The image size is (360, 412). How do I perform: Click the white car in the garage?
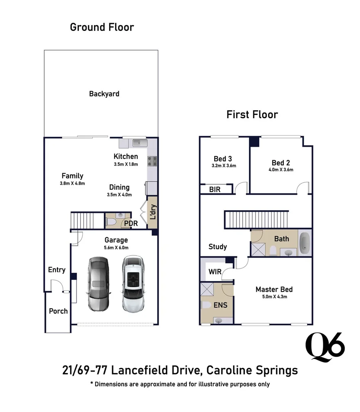point(133,284)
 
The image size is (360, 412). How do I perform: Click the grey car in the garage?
point(98,284)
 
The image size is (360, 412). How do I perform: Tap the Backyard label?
point(104,94)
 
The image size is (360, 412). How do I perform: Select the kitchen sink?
point(140,143)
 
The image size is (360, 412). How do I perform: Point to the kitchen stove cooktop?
point(152,161)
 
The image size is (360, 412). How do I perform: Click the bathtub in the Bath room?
point(305,243)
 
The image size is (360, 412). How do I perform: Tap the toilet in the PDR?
point(111,222)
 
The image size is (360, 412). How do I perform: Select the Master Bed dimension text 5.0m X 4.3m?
point(275,297)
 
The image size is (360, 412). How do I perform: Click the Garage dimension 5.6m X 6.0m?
point(116,248)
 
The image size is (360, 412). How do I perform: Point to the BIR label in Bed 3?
point(215,190)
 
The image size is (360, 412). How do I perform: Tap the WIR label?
point(215,272)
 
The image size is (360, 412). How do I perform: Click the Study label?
point(218,247)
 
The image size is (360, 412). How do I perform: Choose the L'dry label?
point(153,212)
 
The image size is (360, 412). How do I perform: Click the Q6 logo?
point(325,347)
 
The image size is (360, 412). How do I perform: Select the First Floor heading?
point(252,114)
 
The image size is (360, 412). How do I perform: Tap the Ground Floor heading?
point(102,27)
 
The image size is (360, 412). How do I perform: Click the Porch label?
point(58,311)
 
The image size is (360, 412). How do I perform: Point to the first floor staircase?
point(257,219)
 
